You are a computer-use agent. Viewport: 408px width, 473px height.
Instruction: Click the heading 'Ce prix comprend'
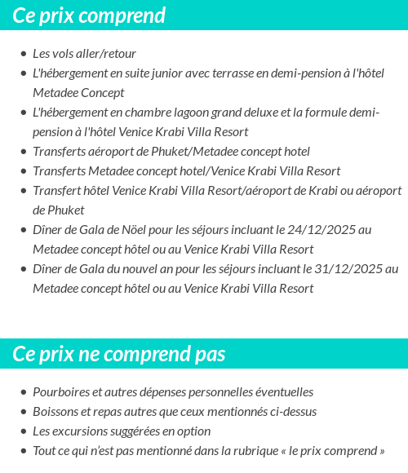pos(89,15)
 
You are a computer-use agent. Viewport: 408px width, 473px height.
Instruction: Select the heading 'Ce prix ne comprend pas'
pos(119,354)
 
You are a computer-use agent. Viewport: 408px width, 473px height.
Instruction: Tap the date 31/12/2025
pos(345,269)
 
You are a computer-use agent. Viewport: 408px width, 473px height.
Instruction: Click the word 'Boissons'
pos(55,412)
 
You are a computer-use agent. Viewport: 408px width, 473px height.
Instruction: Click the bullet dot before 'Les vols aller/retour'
pos(23,55)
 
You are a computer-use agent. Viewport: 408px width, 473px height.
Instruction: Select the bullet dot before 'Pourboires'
pos(23,393)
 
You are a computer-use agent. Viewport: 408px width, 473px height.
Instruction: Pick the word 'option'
pos(194,431)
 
